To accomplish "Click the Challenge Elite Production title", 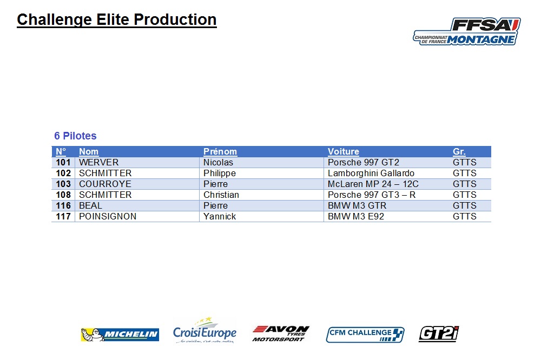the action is click(117, 19).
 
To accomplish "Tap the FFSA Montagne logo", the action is click(467, 31).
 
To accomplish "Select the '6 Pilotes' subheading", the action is click(75, 136).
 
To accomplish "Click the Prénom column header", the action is click(220, 151).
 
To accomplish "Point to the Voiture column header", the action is click(344, 151).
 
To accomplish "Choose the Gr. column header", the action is click(459, 151).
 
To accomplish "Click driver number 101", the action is click(63, 162).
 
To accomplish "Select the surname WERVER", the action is click(98, 162).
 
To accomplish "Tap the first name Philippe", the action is click(220, 173).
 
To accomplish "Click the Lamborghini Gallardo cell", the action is click(371, 173).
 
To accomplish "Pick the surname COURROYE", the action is click(105, 184).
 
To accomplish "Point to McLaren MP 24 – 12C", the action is click(373, 184).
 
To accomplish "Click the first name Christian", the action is click(221, 195).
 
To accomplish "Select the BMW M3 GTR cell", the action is click(357, 206).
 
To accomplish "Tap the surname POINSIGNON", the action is click(108, 217).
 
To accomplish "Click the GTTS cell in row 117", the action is click(464, 217).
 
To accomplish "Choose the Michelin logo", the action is click(120, 335).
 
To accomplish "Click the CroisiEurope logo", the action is click(205, 331).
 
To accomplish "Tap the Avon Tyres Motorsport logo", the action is click(280, 334).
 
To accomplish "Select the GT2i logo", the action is click(439, 334).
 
